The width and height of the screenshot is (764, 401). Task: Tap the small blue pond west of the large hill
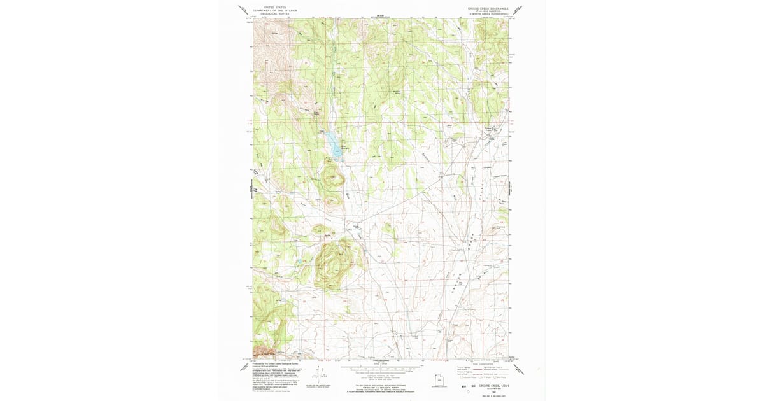point(299,262)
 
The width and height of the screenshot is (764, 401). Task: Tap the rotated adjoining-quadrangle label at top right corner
point(520,10)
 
